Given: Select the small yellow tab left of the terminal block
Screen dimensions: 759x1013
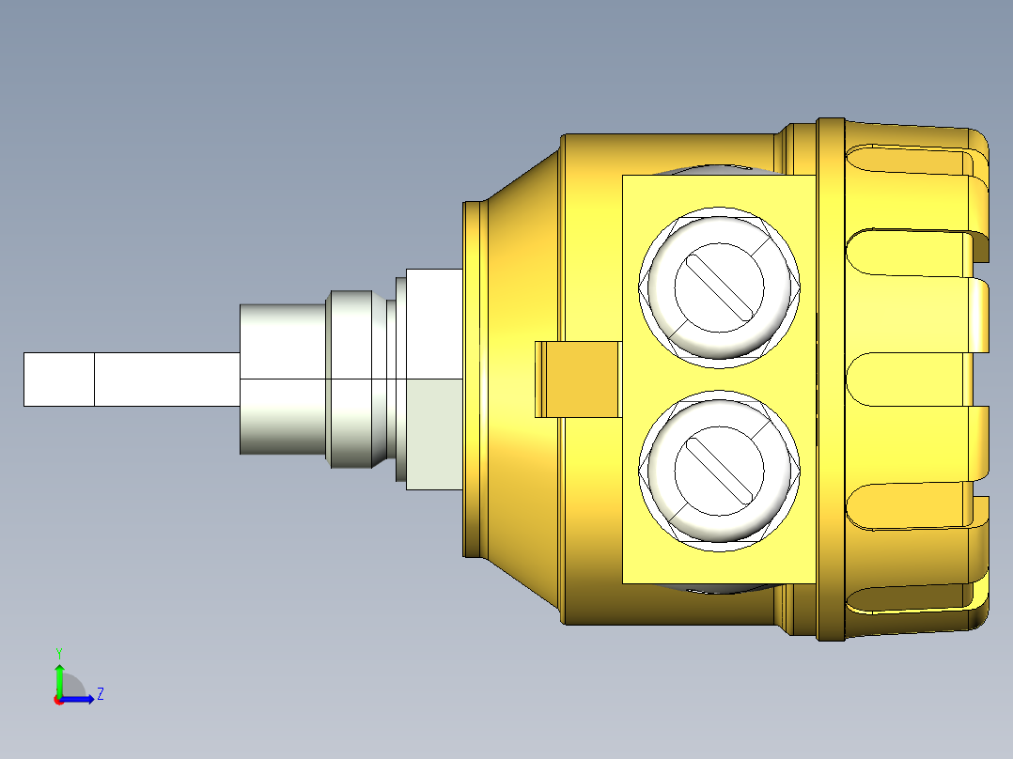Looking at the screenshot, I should [577, 379].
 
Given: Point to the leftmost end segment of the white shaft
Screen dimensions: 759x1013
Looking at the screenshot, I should [58, 379].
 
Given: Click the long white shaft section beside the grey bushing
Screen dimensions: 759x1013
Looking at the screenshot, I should [166, 379].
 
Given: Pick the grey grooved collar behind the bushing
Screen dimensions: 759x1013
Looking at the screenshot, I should [357, 379].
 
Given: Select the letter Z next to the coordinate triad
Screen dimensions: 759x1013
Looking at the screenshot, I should [100, 694].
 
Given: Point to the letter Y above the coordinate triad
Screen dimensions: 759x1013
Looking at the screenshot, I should [59, 652].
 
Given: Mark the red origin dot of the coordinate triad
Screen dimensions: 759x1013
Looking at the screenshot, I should [59, 700].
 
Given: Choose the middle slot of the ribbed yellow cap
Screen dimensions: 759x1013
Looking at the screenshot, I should [907, 379].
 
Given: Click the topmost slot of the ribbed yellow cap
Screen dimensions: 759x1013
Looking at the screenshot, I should [907, 162].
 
